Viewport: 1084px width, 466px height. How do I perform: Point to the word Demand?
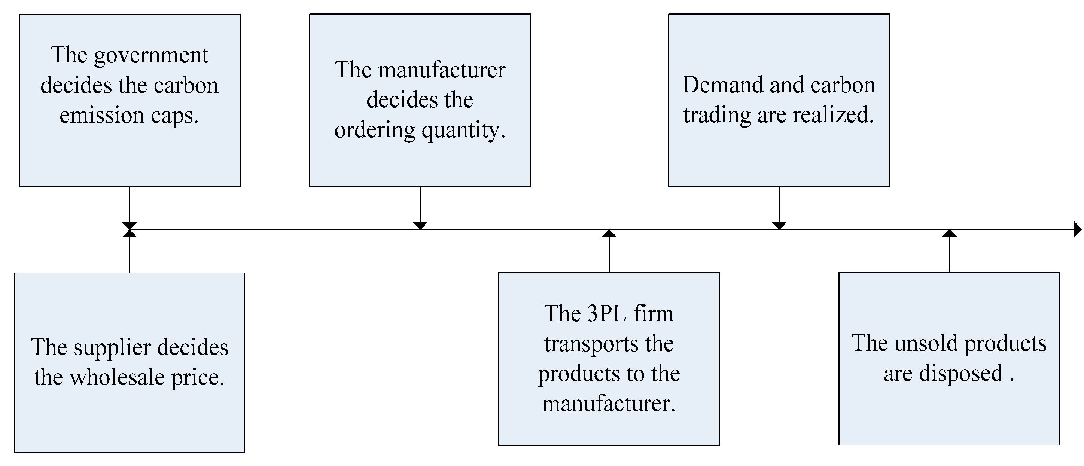click(x=722, y=85)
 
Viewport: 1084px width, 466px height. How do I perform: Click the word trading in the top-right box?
click(x=717, y=115)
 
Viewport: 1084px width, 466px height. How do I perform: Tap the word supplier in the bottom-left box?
click(x=109, y=348)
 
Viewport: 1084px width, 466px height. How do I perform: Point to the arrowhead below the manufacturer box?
click(x=420, y=226)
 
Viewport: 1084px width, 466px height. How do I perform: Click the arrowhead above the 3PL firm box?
click(x=609, y=233)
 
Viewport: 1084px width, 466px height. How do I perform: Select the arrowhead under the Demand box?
click(x=779, y=226)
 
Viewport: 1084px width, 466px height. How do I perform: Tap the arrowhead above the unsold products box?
click(x=949, y=233)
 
